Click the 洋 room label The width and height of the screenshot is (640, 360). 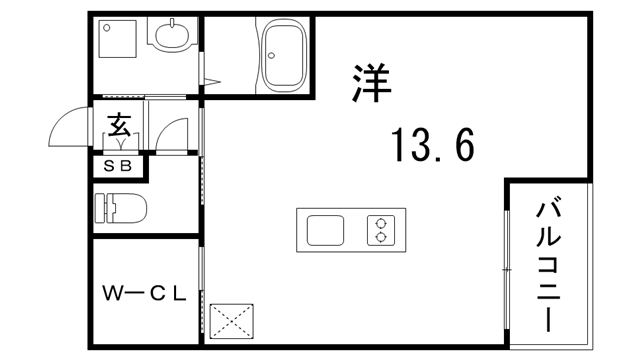(x=371, y=81)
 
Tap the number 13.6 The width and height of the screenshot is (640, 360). (x=432, y=147)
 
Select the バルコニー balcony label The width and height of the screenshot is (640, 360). (x=548, y=265)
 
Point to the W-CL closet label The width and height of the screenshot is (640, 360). (x=146, y=293)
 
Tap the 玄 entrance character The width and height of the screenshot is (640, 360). (x=119, y=127)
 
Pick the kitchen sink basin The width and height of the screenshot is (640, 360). (x=325, y=231)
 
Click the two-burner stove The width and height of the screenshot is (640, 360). (x=380, y=231)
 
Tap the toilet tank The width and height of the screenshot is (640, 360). (x=100, y=209)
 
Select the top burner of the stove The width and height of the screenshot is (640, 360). (x=380, y=223)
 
